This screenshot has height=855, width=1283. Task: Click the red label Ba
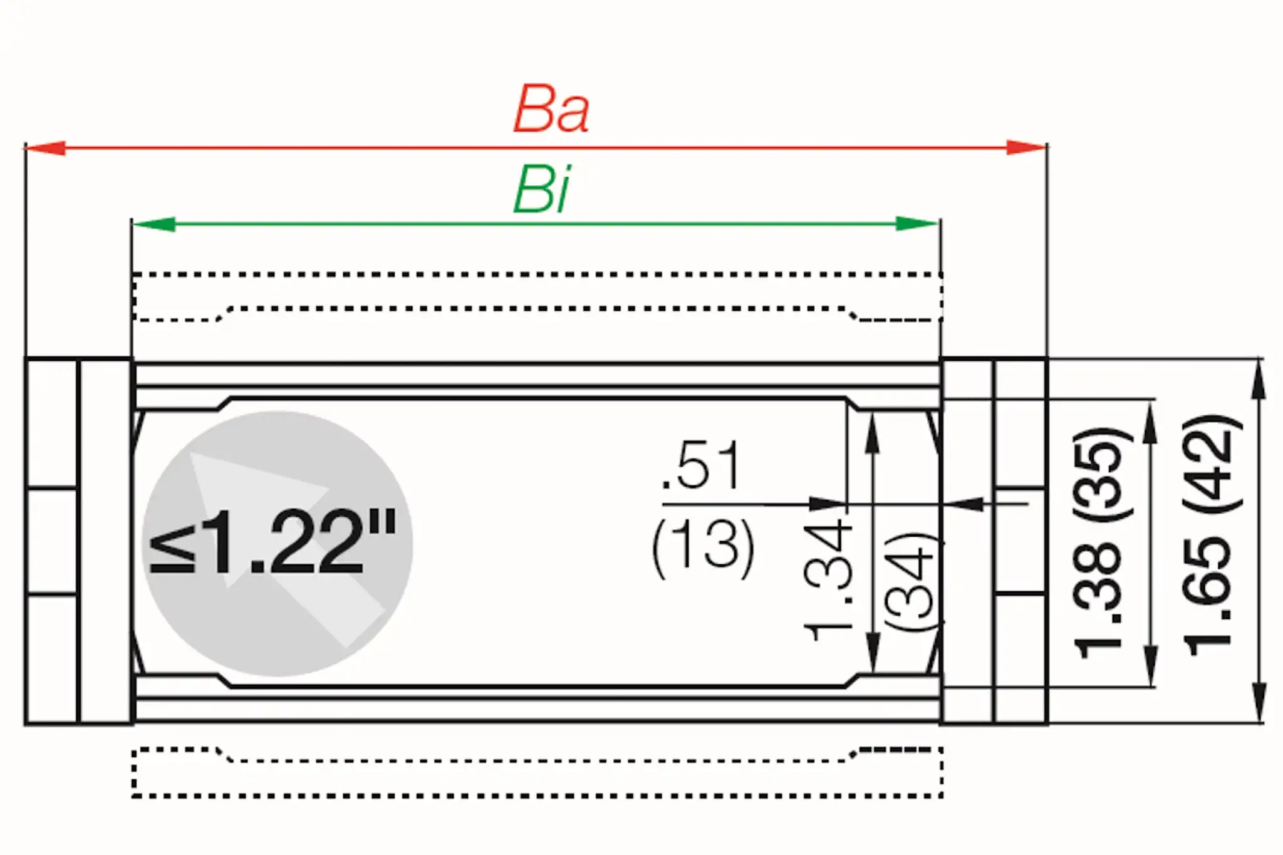(x=551, y=111)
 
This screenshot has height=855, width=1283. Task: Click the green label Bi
(x=542, y=190)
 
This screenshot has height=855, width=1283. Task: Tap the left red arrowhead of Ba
(x=45, y=148)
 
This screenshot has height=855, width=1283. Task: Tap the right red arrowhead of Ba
(x=1026, y=148)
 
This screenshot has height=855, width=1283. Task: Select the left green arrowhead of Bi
(x=153, y=224)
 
